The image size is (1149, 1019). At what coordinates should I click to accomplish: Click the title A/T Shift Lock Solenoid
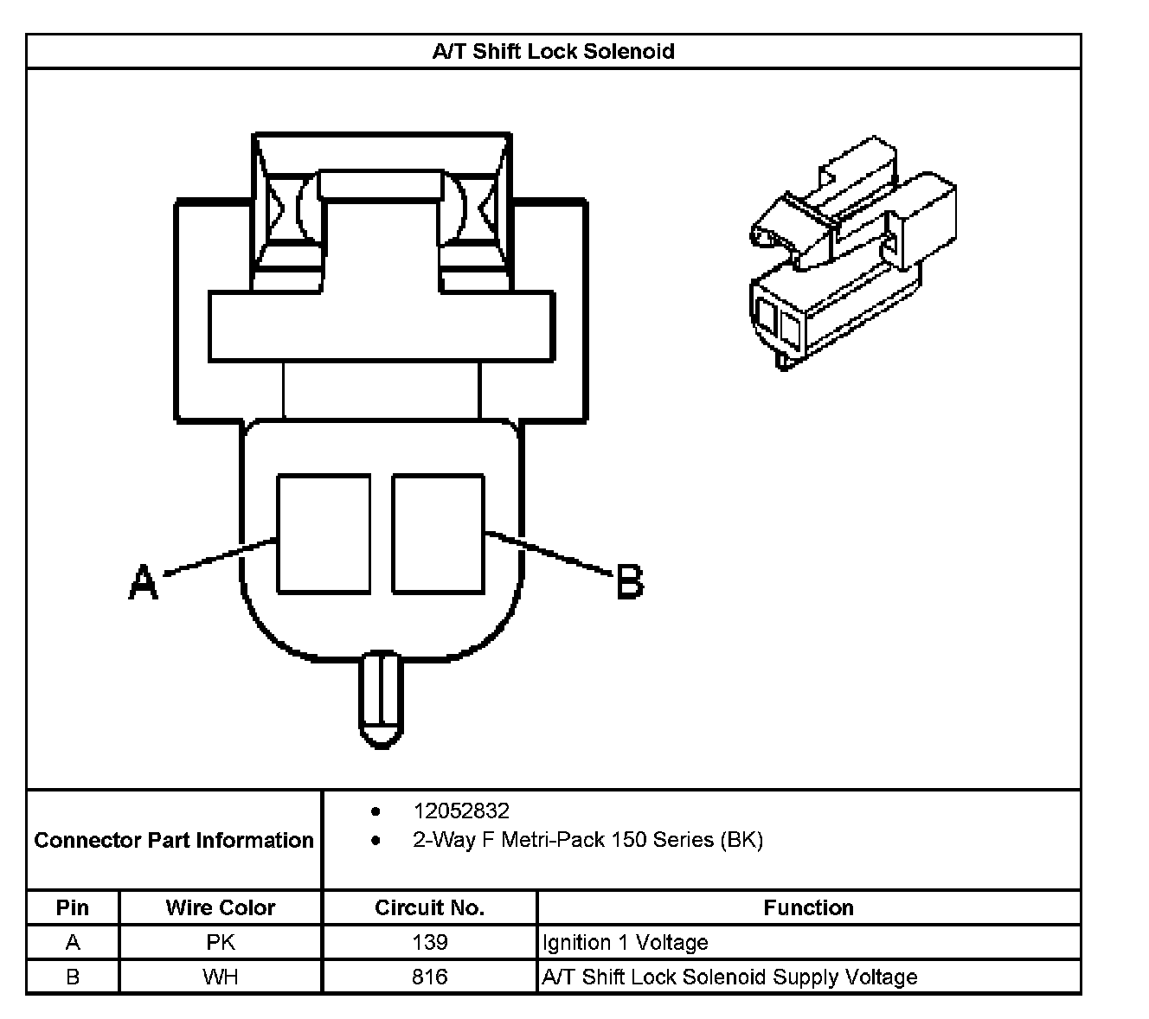pos(553,51)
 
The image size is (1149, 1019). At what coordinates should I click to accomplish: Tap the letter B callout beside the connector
pos(630,581)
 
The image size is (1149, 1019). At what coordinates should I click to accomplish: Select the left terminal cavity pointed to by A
pos(324,534)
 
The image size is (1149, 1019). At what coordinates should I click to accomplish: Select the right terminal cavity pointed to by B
pos(438,534)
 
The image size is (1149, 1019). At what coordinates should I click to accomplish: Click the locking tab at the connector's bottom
pos(381,699)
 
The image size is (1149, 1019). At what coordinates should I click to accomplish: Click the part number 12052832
pos(461,811)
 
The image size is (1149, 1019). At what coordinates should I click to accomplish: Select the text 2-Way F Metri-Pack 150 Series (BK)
pos(587,840)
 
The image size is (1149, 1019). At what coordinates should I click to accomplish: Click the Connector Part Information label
pos(174,840)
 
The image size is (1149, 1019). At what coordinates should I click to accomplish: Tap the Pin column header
pos(73,907)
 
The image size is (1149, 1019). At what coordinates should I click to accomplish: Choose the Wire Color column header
pos(221,907)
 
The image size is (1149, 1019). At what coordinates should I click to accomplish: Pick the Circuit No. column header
pos(429,907)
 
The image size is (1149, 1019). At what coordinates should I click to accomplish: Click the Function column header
pos(808,907)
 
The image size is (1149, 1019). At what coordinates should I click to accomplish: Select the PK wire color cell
pos(221,942)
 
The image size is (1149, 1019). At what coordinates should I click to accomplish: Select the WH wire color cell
pos(221,977)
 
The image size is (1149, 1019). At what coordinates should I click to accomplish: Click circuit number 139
pos(429,942)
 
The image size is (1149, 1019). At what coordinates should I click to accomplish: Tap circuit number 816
pos(429,977)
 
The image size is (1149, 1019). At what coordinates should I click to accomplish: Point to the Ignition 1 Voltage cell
pos(625,942)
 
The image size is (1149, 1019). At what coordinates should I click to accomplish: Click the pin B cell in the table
pos(73,977)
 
